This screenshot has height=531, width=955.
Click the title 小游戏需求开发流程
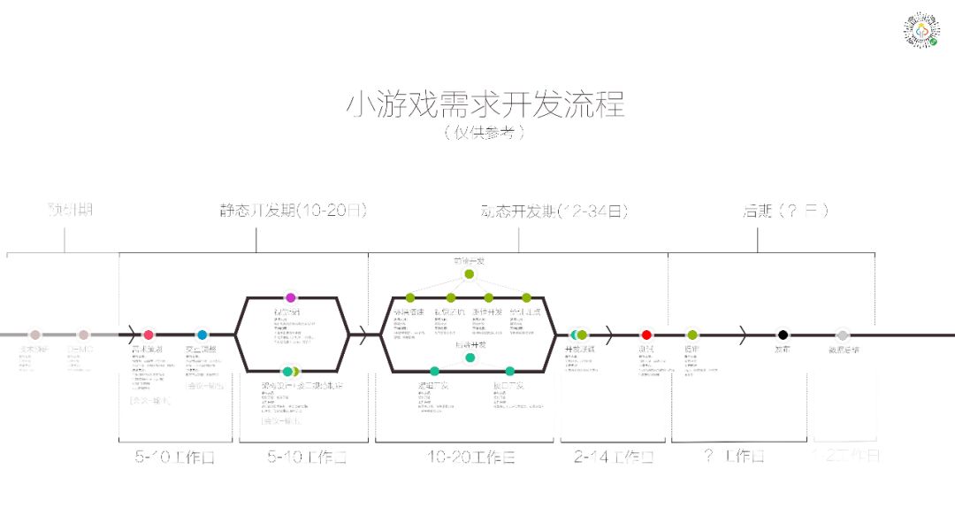(x=485, y=104)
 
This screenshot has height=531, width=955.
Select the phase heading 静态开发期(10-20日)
(x=293, y=211)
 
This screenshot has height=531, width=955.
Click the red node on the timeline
(x=646, y=335)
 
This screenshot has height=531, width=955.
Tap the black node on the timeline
(x=782, y=335)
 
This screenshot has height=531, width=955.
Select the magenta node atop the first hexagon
(x=290, y=297)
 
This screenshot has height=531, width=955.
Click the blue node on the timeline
(x=202, y=335)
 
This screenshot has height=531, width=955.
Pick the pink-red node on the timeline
(x=148, y=335)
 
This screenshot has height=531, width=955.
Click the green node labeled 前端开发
(x=470, y=273)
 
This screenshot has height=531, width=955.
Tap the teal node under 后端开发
(x=470, y=358)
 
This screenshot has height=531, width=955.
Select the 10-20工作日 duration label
(x=470, y=458)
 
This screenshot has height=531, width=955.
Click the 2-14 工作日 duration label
(x=613, y=458)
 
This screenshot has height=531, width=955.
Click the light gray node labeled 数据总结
(x=843, y=335)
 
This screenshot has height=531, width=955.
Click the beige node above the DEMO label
(x=83, y=335)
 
